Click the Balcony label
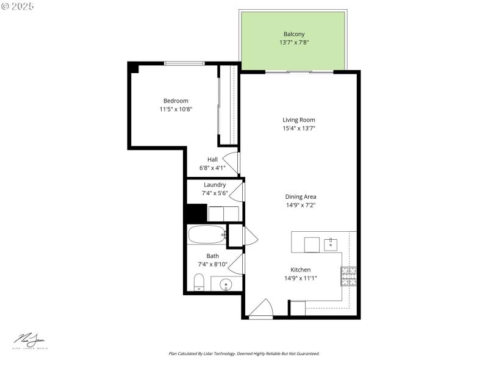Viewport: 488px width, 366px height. click(x=294, y=34)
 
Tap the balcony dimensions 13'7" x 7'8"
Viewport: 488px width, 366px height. click(x=294, y=43)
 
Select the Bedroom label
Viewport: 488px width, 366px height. click(x=176, y=101)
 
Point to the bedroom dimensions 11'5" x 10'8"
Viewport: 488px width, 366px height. click(x=176, y=109)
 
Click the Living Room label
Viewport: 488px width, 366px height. click(x=299, y=120)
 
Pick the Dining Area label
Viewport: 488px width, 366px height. click(x=301, y=196)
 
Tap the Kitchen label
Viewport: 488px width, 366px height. click(x=301, y=270)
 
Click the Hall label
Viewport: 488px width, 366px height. click(x=212, y=159)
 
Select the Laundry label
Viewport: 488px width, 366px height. click(x=215, y=184)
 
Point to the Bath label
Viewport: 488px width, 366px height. click(x=212, y=256)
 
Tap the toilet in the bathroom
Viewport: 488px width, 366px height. click(x=198, y=282)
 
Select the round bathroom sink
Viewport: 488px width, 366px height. click(x=226, y=284)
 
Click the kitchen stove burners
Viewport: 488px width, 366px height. click(x=349, y=276)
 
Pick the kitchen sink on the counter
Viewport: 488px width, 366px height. click(x=331, y=244)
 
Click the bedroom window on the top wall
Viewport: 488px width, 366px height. click(x=184, y=63)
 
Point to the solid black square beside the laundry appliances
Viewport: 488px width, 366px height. click(x=196, y=213)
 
